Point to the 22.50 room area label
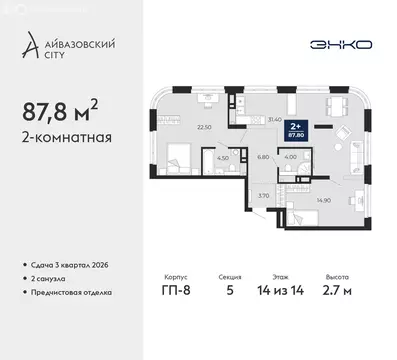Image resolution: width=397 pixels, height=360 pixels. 178,127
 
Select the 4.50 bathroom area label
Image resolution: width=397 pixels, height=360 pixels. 224,157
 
